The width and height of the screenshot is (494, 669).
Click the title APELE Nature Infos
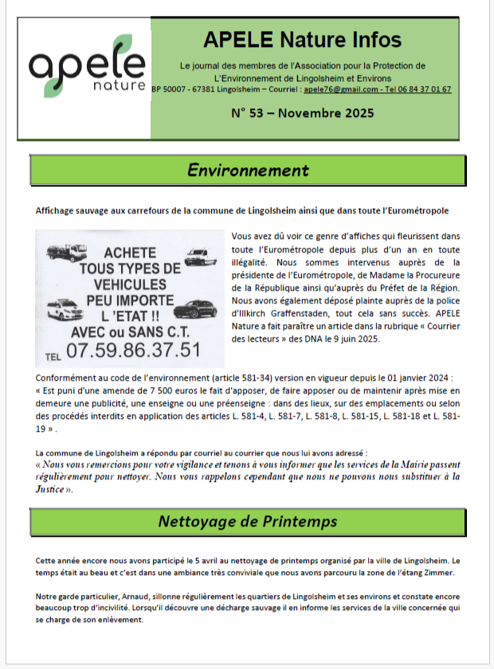point(302,39)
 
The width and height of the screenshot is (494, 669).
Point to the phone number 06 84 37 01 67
point(422,89)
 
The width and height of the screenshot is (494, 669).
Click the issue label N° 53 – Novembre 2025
point(302,113)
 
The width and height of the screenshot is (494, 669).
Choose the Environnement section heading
point(248,170)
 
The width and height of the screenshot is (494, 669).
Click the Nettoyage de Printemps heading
point(248,522)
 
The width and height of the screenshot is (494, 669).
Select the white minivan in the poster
point(63,308)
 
